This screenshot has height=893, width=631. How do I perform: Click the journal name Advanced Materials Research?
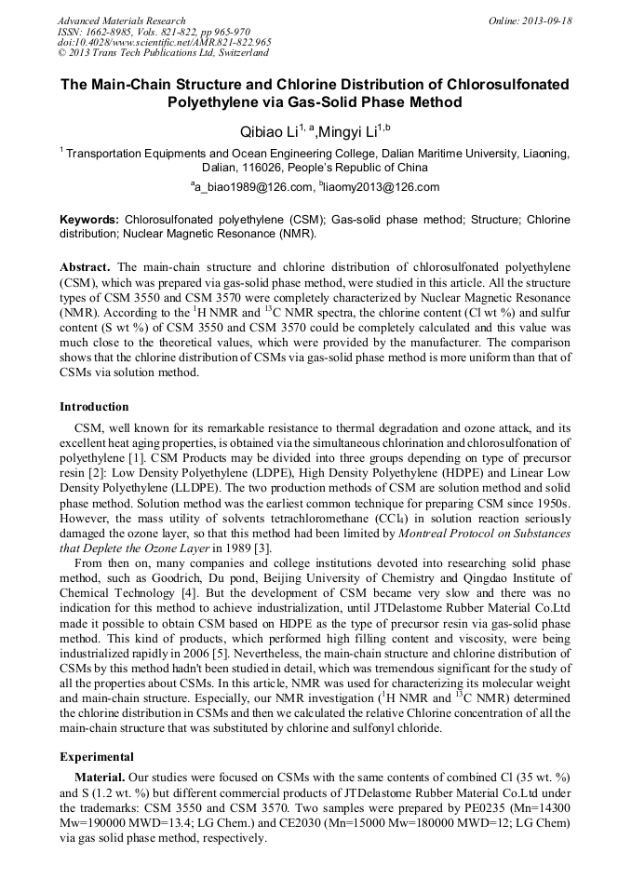click(x=121, y=20)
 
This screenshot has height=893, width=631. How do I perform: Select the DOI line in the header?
click(x=164, y=42)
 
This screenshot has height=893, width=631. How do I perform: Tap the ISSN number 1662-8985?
click(x=114, y=32)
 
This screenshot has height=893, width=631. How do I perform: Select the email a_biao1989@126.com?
click(x=252, y=187)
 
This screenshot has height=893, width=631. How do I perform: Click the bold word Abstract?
click(x=86, y=265)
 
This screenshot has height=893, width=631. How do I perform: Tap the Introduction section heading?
click(x=94, y=407)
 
